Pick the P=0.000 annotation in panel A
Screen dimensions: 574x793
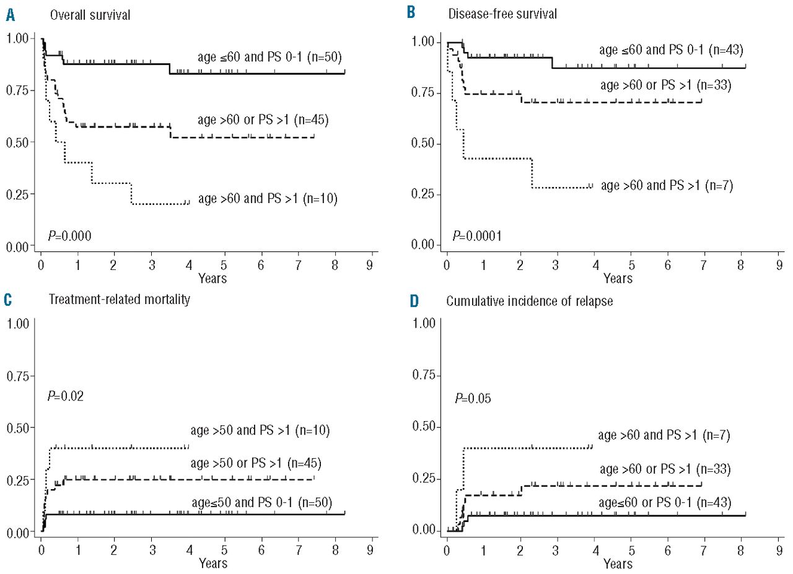tap(70, 235)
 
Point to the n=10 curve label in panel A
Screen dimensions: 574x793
tap(268, 199)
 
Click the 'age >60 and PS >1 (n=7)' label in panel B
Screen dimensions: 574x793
tap(667, 185)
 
